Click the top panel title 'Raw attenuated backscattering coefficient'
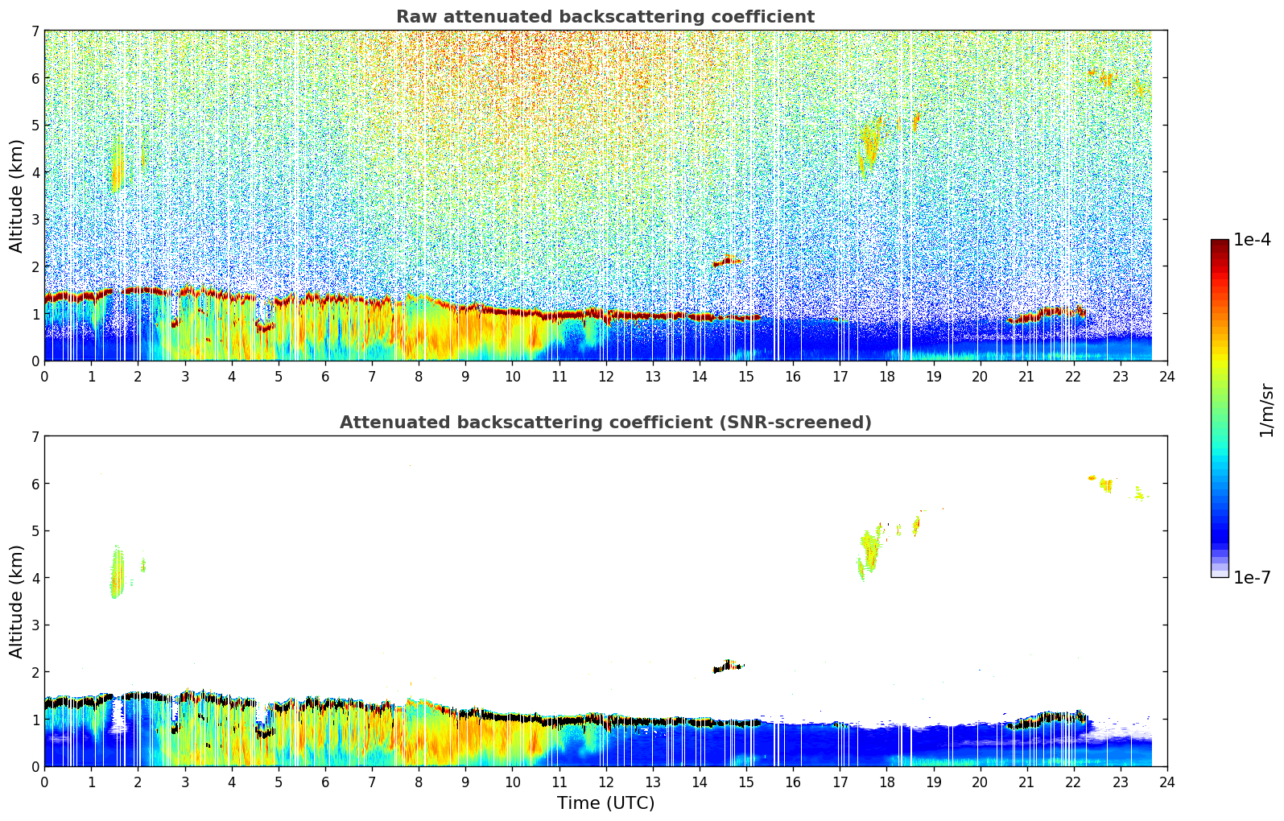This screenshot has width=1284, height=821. (605, 17)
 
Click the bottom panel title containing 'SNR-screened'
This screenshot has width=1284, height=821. (605, 423)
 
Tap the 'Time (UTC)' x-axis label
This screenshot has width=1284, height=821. (605, 803)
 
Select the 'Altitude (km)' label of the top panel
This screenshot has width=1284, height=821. (17, 196)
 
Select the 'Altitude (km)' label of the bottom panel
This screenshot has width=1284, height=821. (17, 601)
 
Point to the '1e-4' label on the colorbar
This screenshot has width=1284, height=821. (1252, 240)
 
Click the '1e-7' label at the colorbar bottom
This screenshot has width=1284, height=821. (1252, 577)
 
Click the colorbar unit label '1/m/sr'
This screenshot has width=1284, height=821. (1266, 409)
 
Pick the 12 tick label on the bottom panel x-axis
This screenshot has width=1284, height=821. (605, 782)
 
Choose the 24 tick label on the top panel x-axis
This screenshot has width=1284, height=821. (1166, 376)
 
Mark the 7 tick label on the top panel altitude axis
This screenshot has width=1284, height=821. (35, 31)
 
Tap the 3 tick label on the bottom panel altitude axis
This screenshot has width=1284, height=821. (35, 625)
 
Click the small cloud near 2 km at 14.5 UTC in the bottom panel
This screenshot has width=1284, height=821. (729, 666)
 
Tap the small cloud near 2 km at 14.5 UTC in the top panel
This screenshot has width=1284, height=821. (729, 261)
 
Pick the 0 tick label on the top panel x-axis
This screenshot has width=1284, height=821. (44, 376)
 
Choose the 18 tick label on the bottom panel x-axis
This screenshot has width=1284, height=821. (886, 782)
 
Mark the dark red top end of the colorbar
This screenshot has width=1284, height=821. (1219, 243)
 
